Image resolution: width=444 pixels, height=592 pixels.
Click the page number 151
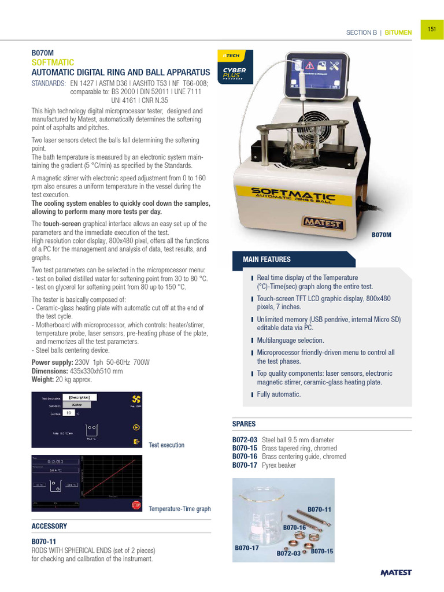pyautogui.click(x=431, y=29)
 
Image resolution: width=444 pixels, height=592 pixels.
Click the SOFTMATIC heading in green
pyautogui.click(x=53, y=62)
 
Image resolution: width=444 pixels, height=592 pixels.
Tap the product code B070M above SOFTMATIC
pyautogui.click(x=42, y=52)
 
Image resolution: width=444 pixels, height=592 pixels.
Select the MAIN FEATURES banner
pyautogui.click(x=267, y=260)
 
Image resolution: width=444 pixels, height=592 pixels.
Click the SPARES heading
pyautogui.click(x=243, y=424)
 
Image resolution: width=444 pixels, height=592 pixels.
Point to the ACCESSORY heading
pyautogui.click(x=49, y=526)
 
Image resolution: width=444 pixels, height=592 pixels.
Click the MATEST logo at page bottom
pyautogui.click(x=396, y=573)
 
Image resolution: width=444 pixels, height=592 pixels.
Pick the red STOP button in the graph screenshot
pyautogui.click(x=136, y=505)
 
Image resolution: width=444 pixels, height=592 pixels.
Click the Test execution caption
pyautogui.click(x=166, y=445)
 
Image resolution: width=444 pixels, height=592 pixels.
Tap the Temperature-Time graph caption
pyautogui.click(x=179, y=509)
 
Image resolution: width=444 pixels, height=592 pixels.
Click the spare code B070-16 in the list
pyautogui.click(x=245, y=457)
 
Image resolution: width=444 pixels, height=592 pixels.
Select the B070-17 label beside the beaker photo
pyautogui.click(x=247, y=547)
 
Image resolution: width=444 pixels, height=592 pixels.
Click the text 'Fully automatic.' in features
pyautogui.click(x=279, y=394)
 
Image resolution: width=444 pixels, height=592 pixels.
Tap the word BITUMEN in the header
pyautogui.click(x=398, y=32)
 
